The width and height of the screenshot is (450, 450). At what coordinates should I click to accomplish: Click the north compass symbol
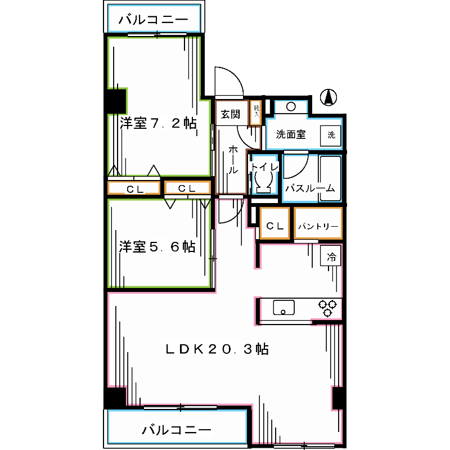pos(328,97)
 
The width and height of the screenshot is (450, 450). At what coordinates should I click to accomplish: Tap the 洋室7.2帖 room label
pos(158,123)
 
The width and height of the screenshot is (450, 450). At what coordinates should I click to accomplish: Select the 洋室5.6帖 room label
pos(157,246)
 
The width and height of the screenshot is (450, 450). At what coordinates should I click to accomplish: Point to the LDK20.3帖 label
pos(217,349)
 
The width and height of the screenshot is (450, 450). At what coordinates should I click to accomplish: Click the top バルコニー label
pos(153,21)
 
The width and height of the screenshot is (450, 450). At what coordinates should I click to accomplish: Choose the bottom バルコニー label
pos(177,430)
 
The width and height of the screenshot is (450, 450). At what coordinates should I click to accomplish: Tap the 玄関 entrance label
pos(230,114)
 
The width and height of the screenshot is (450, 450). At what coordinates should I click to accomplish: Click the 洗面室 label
pos(290,134)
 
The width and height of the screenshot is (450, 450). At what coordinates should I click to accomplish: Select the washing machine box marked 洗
pos(331,135)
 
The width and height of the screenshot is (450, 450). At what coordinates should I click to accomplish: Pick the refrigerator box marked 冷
pos(331,257)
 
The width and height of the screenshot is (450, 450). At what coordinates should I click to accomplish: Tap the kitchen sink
pos(283,308)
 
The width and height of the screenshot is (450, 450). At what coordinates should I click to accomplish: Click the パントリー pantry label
pos(318,226)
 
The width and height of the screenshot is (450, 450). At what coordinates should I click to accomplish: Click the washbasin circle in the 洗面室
pos(291,106)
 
